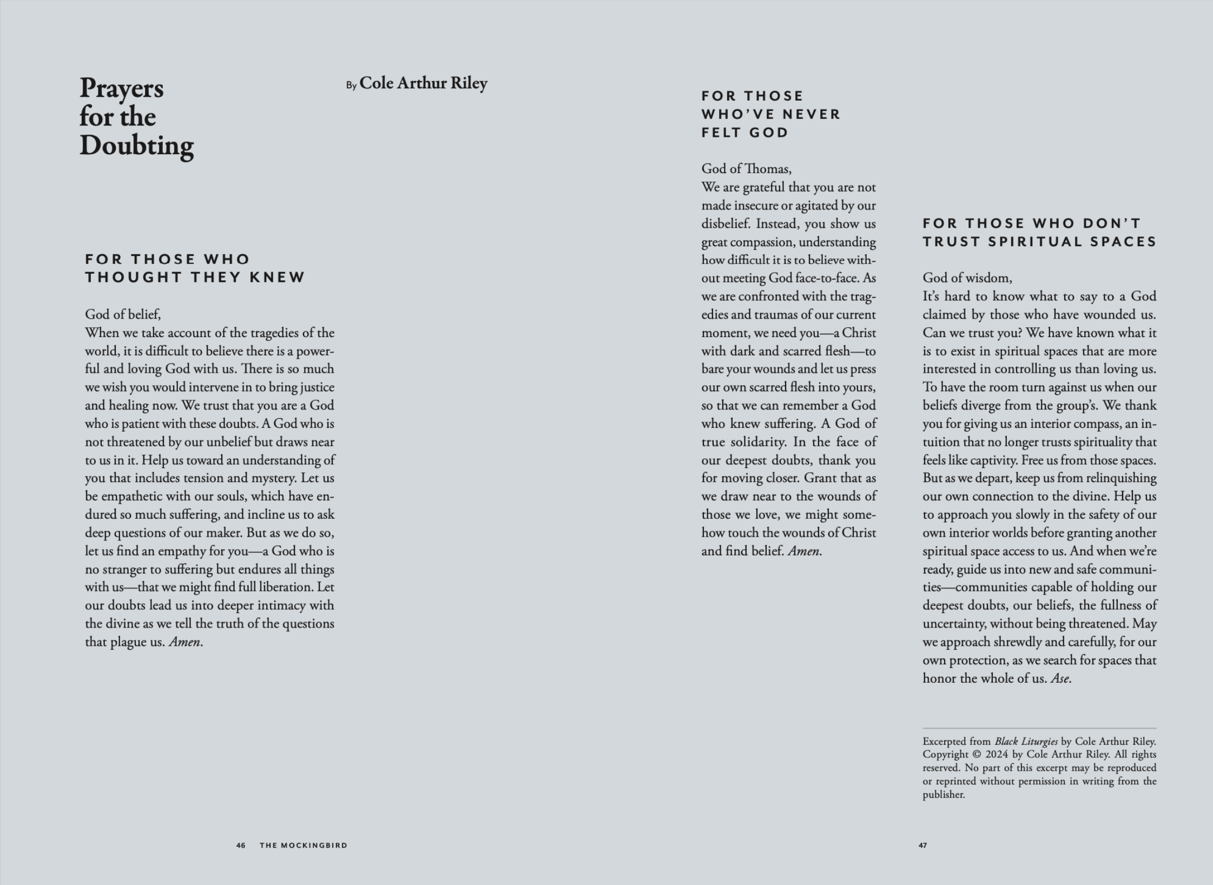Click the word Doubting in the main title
pyautogui.click(x=136, y=146)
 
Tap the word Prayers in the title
pyautogui.click(x=122, y=88)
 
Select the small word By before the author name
pyautogui.click(x=351, y=85)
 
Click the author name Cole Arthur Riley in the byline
pyautogui.click(x=423, y=83)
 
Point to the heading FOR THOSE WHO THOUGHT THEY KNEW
pyautogui.click(x=195, y=268)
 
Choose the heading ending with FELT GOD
pyautogui.click(x=770, y=114)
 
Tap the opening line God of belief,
pyautogui.click(x=123, y=314)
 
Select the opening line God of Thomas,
pyautogui.click(x=746, y=169)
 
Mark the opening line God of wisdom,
pyautogui.click(x=967, y=278)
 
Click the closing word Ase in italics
pyautogui.click(x=1059, y=678)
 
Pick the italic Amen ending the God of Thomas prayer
pyautogui.click(x=803, y=551)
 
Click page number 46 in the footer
pyautogui.click(x=241, y=846)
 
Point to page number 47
pyautogui.click(x=922, y=846)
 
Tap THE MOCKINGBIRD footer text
pyautogui.click(x=304, y=846)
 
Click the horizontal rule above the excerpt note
pyautogui.click(x=1039, y=728)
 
